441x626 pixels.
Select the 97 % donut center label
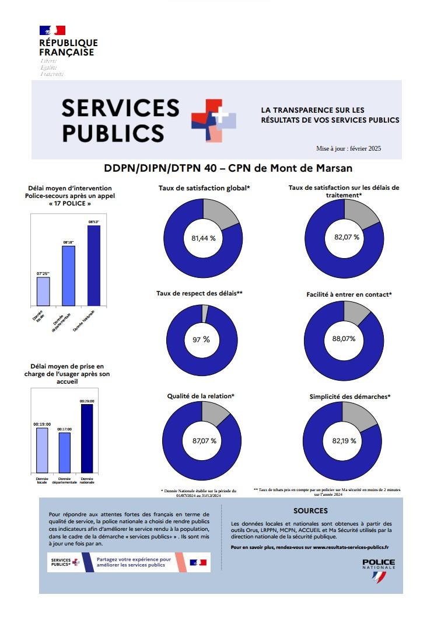tap(201, 339)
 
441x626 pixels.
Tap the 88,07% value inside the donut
tap(344, 339)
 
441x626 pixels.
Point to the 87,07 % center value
tap(204, 441)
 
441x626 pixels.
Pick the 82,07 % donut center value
tap(346, 237)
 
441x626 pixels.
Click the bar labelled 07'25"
tap(43, 291)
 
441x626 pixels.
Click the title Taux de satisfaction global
tap(204, 188)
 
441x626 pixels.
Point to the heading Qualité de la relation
tap(201, 396)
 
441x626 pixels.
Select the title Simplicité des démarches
tap(349, 397)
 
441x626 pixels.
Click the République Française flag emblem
tap(52, 30)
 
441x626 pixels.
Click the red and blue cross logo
tap(213, 120)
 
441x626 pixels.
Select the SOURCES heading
tap(310, 510)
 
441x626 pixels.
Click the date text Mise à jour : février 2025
tap(348, 149)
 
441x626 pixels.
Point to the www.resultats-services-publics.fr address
tap(351, 548)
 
